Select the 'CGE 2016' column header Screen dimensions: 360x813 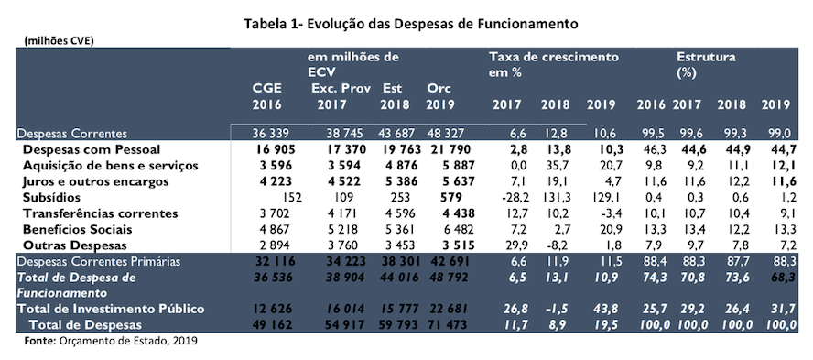click(267, 95)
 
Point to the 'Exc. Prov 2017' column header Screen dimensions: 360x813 click(338, 95)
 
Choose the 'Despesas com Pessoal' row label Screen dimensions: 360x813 click(92, 148)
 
